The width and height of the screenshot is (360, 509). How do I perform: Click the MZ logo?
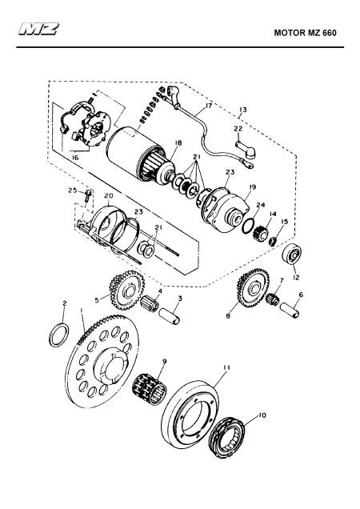click(38, 29)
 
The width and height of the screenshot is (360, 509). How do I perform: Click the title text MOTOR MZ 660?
click(305, 33)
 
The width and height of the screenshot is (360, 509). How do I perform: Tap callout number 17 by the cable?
click(208, 106)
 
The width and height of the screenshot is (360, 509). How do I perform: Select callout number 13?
click(243, 110)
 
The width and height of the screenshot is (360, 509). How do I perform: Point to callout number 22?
click(238, 129)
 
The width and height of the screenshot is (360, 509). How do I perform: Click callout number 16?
click(75, 158)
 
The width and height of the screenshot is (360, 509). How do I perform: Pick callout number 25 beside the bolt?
click(72, 190)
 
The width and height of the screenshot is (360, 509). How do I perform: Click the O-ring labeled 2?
click(59, 335)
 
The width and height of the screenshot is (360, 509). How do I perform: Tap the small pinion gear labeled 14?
click(258, 232)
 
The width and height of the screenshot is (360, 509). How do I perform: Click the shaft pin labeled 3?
click(169, 316)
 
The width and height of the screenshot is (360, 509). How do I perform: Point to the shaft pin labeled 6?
click(290, 311)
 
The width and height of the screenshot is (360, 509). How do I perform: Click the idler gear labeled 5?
click(126, 290)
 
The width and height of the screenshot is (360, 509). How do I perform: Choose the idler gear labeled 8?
click(254, 288)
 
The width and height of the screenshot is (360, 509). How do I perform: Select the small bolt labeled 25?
click(88, 196)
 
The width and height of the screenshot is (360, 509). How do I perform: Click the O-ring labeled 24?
click(248, 225)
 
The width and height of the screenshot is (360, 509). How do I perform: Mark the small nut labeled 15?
click(274, 242)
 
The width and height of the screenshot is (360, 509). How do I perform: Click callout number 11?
click(226, 367)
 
